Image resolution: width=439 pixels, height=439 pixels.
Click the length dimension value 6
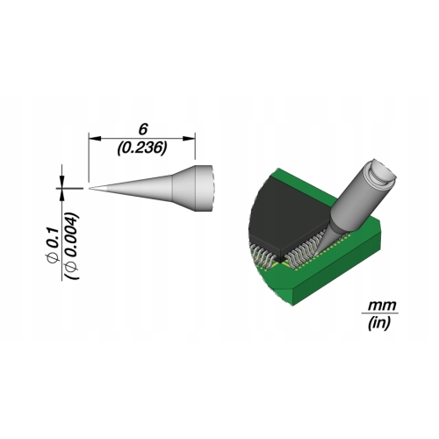pyautogui.click(x=143, y=130)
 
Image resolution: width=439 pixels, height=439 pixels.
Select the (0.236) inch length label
pyautogui.click(x=142, y=148)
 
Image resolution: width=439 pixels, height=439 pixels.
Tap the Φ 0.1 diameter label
pyautogui.click(x=54, y=244)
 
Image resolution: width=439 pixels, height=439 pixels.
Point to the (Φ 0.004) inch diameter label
pyautogui.click(x=72, y=246)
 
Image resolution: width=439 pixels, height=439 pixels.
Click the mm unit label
pyautogui.click(x=382, y=306)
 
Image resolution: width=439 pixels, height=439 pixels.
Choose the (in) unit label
pyautogui.click(x=379, y=323)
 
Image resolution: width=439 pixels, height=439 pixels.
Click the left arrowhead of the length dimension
pyautogui.click(x=94, y=138)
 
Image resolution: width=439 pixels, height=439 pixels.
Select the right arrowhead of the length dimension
pyautogui.click(x=189, y=138)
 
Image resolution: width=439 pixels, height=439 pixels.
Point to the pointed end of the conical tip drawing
pyautogui.click(x=90, y=189)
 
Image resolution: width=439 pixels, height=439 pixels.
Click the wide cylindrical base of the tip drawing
pyautogui.click(x=205, y=188)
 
